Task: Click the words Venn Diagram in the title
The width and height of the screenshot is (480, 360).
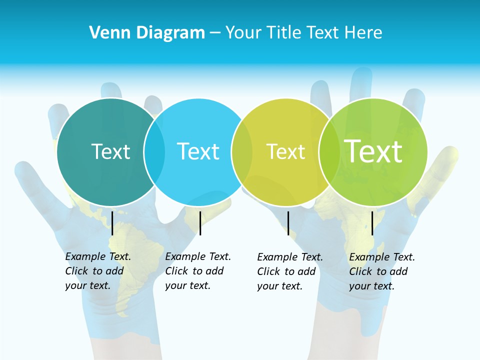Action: (147, 33)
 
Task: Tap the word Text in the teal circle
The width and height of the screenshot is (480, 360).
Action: (110, 151)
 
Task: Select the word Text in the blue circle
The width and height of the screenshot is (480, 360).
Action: (198, 151)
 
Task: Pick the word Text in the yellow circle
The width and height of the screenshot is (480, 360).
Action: (285, 151)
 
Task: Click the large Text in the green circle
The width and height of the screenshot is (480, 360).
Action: (373, 151)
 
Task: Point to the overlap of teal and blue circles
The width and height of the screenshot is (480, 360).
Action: (154, 152)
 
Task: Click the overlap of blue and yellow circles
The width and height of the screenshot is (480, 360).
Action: (242, 152)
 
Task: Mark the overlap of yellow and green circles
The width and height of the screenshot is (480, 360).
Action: (329, 152)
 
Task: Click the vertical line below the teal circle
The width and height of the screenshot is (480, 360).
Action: (112, 223)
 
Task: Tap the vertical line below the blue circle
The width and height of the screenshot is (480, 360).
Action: (200, 223)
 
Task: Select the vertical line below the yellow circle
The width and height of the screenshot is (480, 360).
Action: (288, 223)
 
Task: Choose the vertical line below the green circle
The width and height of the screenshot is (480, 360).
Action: (372, 223)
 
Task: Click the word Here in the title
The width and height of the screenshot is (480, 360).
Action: (364, 33)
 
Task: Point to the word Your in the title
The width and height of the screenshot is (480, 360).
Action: (243, 33)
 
